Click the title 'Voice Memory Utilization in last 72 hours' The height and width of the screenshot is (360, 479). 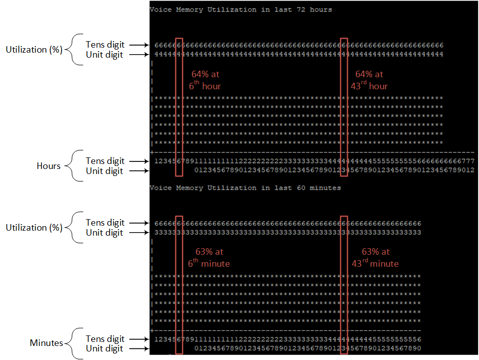[x=241, y=10]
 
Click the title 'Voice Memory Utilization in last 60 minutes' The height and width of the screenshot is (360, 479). [x=245, y=188]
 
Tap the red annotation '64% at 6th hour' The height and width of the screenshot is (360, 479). [x=205, y=80]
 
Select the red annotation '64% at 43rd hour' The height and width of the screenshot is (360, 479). [x=369, y=80]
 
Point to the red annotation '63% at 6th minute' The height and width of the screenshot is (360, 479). [x=209, y=258]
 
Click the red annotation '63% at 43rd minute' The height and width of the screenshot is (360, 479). [x=375, y=258]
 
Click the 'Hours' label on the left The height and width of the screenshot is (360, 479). [x=49, y=166]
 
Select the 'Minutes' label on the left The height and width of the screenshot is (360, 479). [x=46, y=343]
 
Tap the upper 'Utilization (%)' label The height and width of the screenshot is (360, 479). [x=34, y=50]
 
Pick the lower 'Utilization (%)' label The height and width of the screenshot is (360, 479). [x=34, y=228]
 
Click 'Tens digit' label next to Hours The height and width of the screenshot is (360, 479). [x=105, y=161]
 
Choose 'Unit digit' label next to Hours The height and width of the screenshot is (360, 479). [x=105, y=171]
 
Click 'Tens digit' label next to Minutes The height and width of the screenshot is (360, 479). [x=105, y=339]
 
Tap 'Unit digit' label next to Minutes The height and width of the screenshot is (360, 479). [x=105, y=348]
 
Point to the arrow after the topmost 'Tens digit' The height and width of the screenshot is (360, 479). [x=139, y=45]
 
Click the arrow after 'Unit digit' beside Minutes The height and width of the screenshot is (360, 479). [x=139, y=348]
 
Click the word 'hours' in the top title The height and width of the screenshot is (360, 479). [x=321, y=10]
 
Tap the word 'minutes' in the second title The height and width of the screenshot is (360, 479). [x=325, y=188]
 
